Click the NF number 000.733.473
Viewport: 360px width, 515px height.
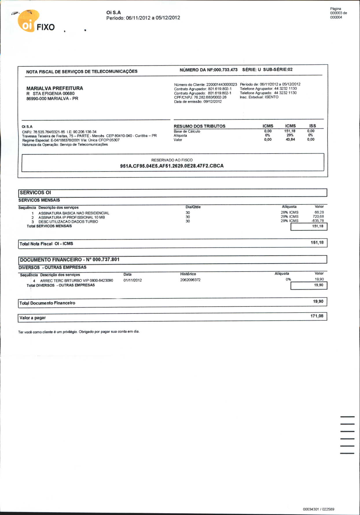(x=225, y=70)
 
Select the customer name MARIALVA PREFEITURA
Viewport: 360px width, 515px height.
(x=55, y=88)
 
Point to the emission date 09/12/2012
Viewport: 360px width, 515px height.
(x=212, y=101)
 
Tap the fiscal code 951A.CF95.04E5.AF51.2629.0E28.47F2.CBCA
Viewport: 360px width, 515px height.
(x=172, y=166)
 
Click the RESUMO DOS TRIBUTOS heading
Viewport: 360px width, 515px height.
(x=199, y=126)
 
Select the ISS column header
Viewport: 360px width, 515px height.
(x=313, y=126)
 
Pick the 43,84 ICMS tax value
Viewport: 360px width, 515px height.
(x=290, y=139)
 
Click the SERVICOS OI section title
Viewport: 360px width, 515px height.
(x=35, y=193)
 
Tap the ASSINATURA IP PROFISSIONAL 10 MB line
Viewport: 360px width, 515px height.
(x=71, y=217)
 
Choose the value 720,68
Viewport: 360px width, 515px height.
(x=318, y=217)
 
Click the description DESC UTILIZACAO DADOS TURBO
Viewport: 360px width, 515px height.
(x=68, y=221)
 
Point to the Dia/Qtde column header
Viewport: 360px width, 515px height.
(x=193, y=207)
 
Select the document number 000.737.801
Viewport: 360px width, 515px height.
(x=106, y=259)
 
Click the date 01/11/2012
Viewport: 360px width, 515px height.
(x=133, y=280)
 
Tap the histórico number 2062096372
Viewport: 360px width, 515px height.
(x=190, y=280)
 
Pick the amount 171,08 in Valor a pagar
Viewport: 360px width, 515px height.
(x=317, y=316)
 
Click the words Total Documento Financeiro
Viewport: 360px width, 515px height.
(x=47, y=303)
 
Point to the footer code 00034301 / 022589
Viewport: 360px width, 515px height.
(x=318, y=509)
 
